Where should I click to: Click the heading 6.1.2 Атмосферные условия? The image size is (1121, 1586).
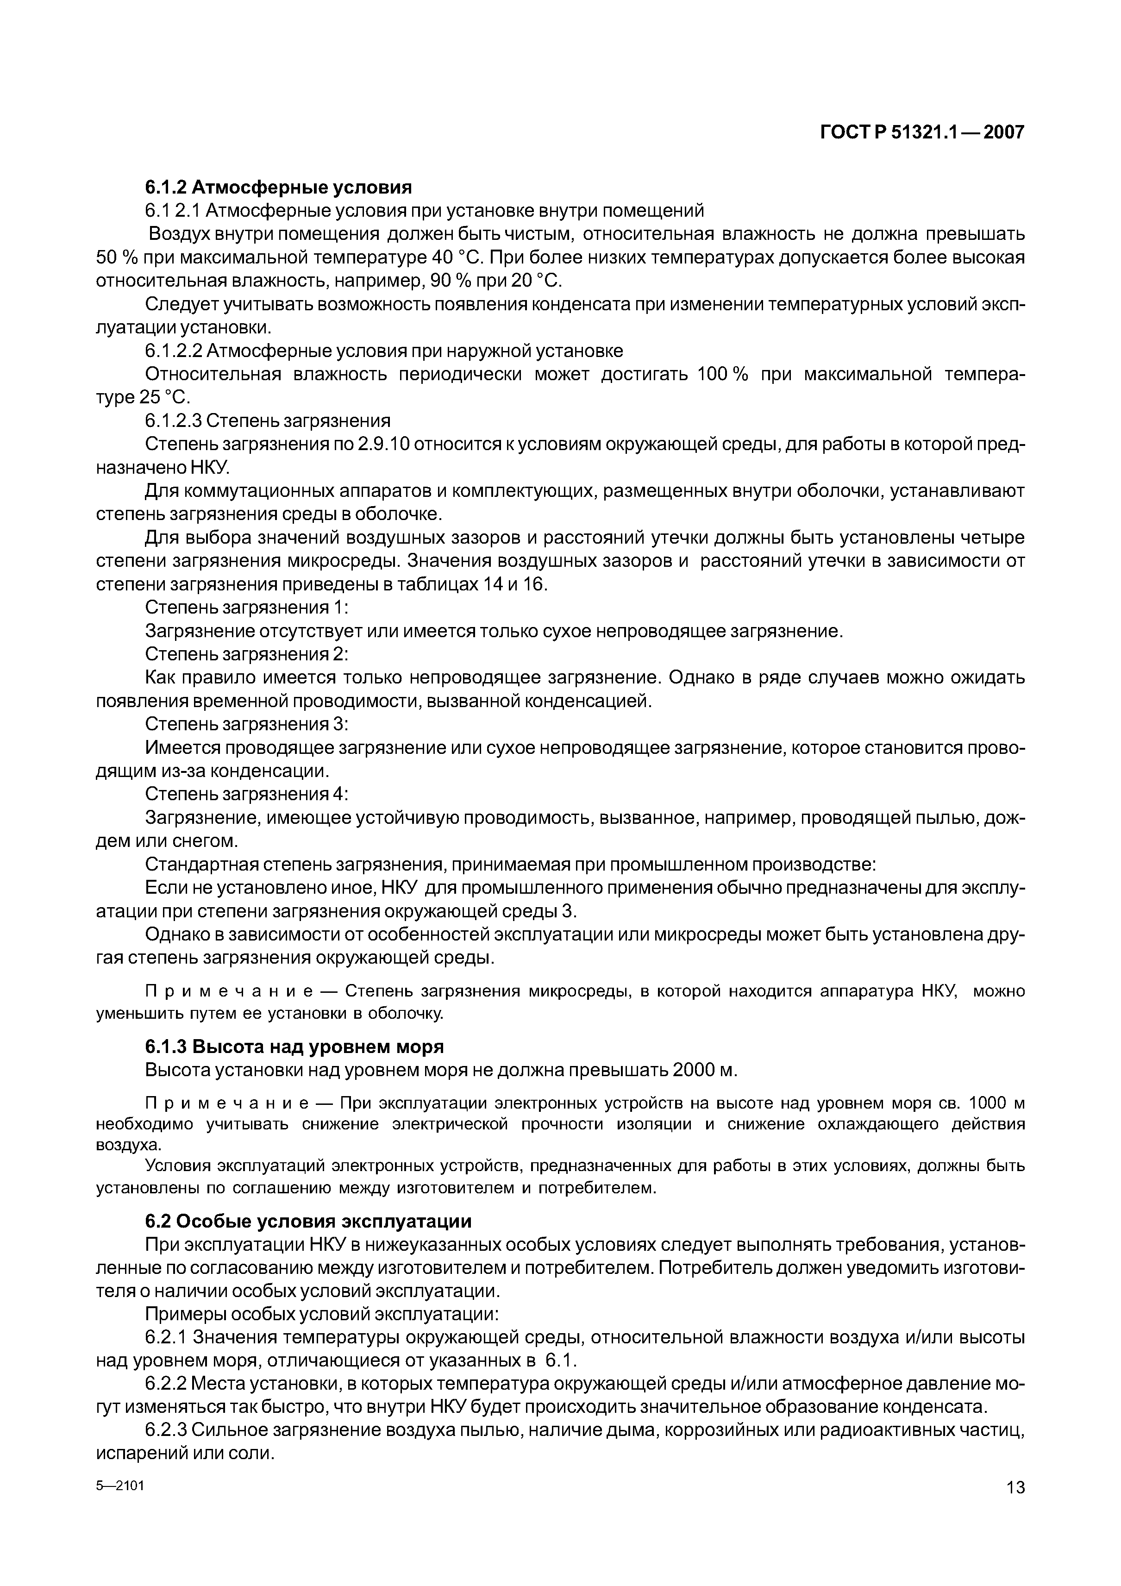pyautogui.click(x=278, y=187)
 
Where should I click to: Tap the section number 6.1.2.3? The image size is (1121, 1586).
pyautogui.click(x=173, y=420)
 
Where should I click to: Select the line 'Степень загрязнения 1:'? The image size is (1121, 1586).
pyautogui.click(x=247, y=608)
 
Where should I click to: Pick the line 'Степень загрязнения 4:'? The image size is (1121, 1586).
pyautogui.click(x=247, y=794)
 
